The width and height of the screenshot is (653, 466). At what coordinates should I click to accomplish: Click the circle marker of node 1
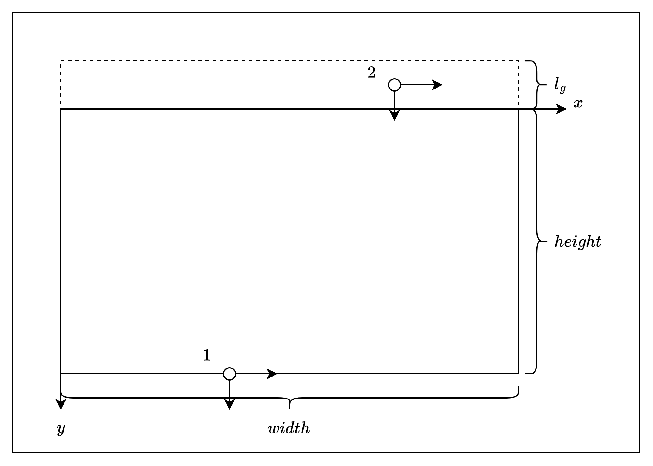[x=230, y=374]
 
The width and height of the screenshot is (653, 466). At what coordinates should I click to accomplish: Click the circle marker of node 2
[x=395, y=85]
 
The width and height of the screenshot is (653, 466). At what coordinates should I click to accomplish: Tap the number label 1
[x=206, y=356]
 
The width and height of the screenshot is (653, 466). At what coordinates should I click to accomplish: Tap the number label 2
[x=372, y=73]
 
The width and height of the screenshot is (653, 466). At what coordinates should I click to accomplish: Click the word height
[x=578, y=241]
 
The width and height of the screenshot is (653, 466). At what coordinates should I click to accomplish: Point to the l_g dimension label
[x=560, y=85]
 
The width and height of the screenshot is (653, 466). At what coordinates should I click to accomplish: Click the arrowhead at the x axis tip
[x=562, y=109]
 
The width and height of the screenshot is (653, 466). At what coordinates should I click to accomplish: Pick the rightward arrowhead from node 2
[x=438, y=85]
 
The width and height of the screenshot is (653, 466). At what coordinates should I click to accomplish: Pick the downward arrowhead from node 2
[x=395, y=116]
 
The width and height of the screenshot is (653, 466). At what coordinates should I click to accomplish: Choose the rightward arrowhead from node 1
[x=272, y=374]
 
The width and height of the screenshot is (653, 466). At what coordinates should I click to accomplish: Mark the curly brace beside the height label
[x=537, y=241]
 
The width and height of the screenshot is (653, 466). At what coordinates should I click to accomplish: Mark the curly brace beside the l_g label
[x=537, y=85]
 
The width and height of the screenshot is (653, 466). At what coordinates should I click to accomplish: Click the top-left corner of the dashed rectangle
[x=61, y=61]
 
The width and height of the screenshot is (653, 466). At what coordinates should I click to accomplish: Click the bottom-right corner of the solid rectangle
[x=519, y=374]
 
